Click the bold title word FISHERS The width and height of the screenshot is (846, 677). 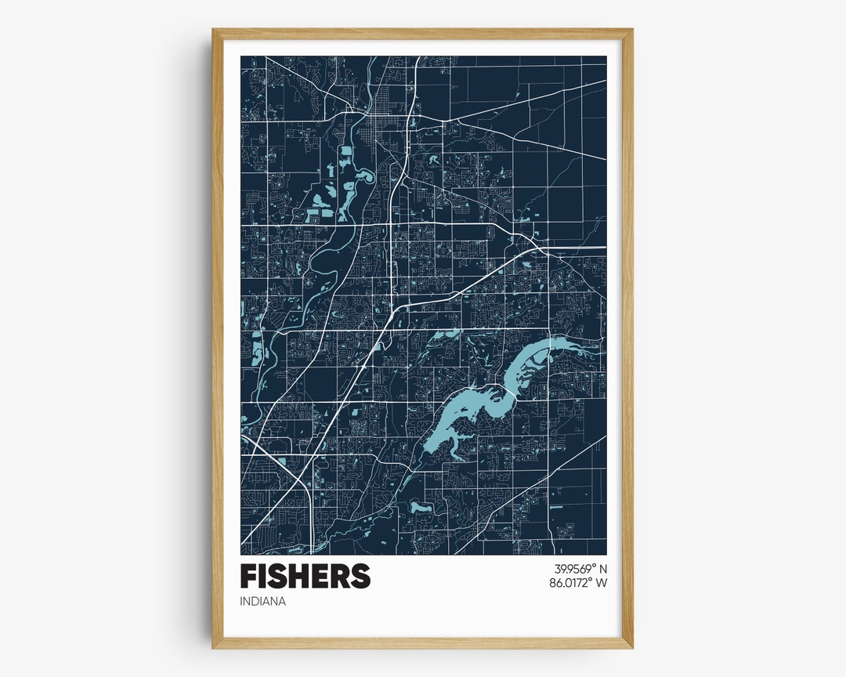(305, 576)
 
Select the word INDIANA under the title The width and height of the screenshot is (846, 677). (263, 602)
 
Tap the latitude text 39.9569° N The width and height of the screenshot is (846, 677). (580, 569)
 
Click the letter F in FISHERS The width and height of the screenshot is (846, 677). (248, 576)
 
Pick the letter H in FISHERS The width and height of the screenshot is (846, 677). (295, 576)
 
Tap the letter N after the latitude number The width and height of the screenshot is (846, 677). (602, 569)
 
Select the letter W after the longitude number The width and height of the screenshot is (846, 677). (602, 582)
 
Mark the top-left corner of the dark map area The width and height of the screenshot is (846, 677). (242, 57)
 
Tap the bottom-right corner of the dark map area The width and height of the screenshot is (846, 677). (606, 553)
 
